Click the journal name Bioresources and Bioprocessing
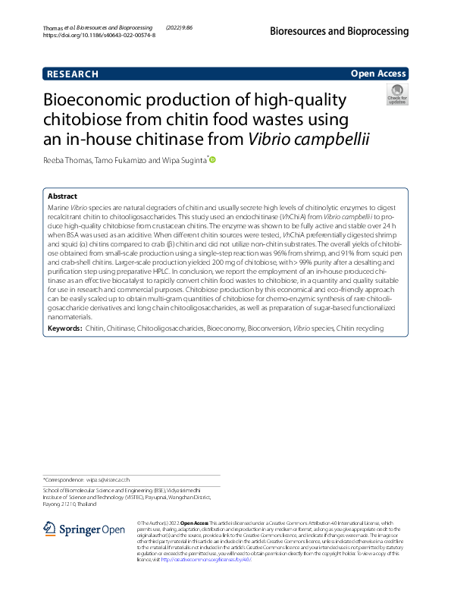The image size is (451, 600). pos(338,31)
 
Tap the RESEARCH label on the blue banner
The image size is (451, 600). pos(73,74)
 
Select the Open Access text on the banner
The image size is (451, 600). pos(377,74)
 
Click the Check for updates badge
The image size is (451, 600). pos(396,95)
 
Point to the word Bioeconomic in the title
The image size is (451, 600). pos(99,101)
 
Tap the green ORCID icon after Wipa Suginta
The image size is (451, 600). pos(211,160)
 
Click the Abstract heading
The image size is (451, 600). pos(63,196)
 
